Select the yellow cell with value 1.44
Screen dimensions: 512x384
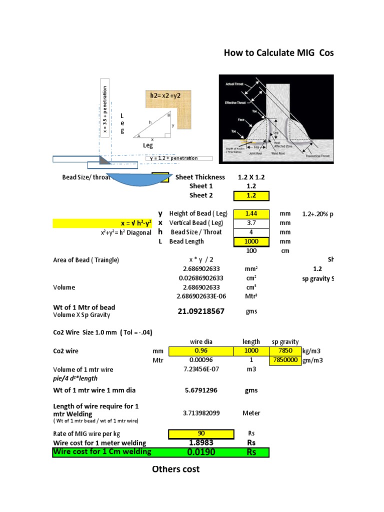click(251, 213)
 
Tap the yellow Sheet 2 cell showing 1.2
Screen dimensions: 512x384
click(251, 195)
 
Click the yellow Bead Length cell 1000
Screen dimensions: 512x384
click(251, 241)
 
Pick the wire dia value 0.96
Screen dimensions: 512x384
click(201, 351)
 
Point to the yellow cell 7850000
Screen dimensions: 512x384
click(285, 360)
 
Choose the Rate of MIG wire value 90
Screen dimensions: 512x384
click(201, 433)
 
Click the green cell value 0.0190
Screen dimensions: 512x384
click(201, 452)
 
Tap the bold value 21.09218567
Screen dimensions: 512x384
click(201, 311)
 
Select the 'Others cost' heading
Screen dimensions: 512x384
click(175, 469)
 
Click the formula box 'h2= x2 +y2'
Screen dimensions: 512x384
click(166, 94)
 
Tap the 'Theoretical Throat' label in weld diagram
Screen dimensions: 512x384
click(318, 156)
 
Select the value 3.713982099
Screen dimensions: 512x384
click(201, 413)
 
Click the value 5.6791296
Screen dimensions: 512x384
click(201, 390)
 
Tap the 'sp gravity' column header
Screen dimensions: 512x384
click(285, 342)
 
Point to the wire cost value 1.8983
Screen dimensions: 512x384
click(201, 442)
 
